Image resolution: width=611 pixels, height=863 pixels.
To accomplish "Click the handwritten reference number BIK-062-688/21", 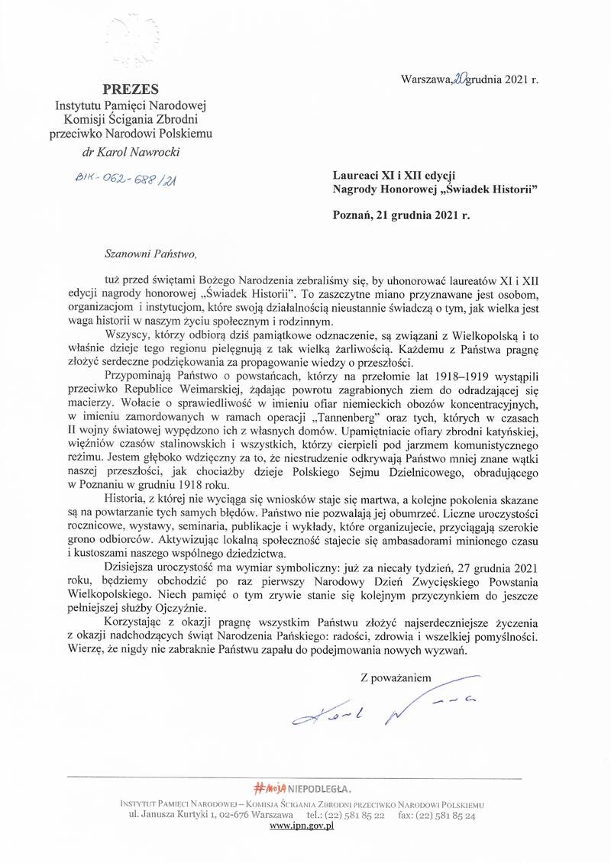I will pyautogui.click(x=132, y=179).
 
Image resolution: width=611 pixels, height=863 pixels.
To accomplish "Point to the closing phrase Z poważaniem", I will pyautogui.click(x=396, y=677).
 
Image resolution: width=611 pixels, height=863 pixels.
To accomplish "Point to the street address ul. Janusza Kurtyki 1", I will pyautogui.click(x=178, y=816).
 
